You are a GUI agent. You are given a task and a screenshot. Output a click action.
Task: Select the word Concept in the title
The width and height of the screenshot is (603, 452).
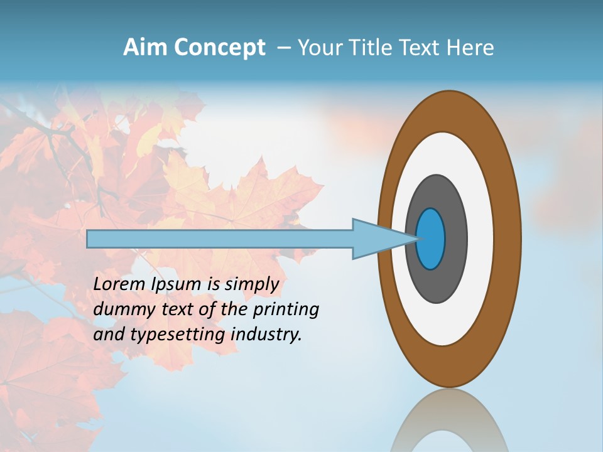219,48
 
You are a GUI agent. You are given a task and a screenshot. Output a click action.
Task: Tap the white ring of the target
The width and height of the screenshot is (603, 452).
480,239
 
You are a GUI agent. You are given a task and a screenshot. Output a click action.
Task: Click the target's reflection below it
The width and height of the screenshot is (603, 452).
449,424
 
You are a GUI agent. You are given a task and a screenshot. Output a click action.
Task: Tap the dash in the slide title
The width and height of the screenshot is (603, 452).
284,48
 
